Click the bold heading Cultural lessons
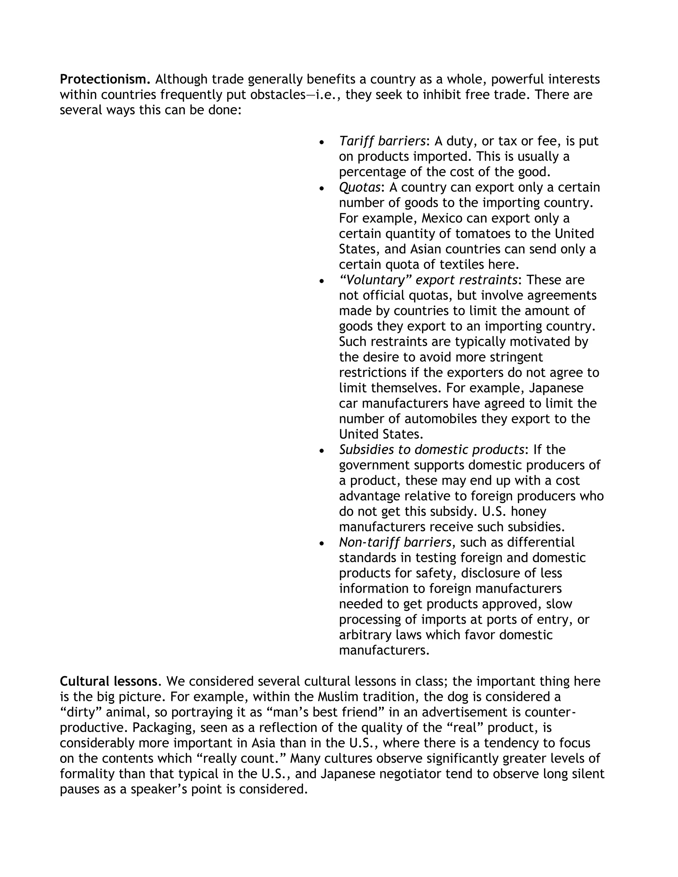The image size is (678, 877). click(x=109, y=681)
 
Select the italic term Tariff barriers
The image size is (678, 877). click(x=382, y=141)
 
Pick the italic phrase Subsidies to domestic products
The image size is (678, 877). click(x=431, y=450)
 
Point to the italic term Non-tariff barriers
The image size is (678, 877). click(x=395, y=542)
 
